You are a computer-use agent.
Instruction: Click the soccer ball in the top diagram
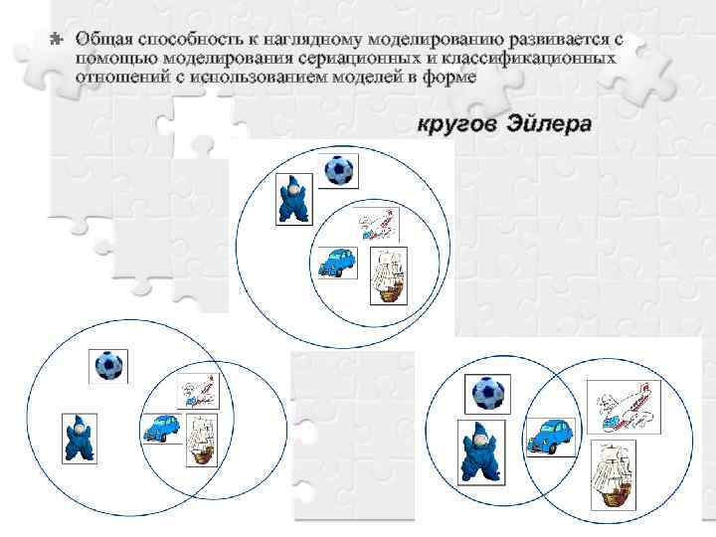click(340, 172)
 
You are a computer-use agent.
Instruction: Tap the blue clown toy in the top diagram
click(293, 199)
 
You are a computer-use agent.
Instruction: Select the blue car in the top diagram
click(337, 262)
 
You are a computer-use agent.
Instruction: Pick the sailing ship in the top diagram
click(387, 275)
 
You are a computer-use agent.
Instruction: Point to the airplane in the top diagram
click(379, 226)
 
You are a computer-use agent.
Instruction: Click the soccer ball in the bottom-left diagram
click(108, 367)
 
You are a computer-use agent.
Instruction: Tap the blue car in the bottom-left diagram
click(161, 428)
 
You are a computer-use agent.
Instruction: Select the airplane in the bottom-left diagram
click(196, 391)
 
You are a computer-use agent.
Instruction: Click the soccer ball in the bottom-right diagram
click(488, 393)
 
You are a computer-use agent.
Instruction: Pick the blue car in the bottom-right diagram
click(548, 434)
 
